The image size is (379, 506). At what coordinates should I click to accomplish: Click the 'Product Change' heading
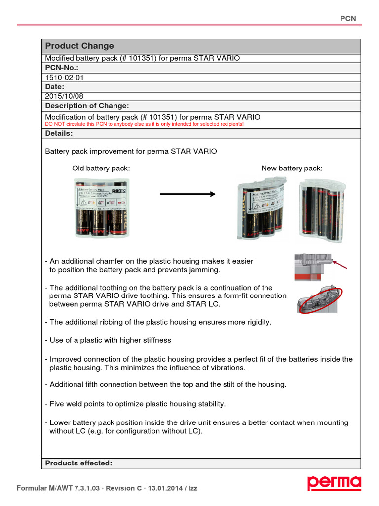79,46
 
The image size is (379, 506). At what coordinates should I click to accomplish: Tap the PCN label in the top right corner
348,18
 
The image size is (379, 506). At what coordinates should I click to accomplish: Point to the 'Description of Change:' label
87,106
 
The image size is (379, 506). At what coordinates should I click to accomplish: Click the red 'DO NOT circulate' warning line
144,124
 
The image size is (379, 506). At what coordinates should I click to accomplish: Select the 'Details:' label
59,133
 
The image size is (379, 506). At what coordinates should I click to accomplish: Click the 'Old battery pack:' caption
101,168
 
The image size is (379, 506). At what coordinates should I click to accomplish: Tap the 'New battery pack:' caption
292,168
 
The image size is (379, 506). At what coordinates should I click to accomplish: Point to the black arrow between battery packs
188,194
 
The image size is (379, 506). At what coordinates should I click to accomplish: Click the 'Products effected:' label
78,463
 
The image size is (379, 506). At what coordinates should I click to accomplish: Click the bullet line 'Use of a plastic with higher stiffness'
108,340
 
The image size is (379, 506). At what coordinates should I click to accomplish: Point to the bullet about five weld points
135,404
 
